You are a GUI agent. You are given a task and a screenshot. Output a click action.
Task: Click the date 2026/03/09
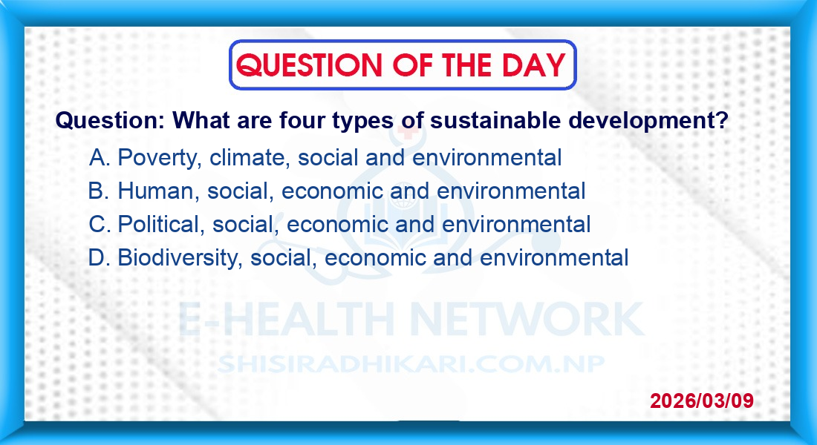click(702, 400)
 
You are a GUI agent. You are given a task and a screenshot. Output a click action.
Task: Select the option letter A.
click(99, 157)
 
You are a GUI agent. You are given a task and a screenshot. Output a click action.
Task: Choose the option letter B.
click(98, 191)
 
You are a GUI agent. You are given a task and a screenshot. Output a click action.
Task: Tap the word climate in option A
click(250, 158)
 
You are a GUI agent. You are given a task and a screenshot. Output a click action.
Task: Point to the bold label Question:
click(110, 120)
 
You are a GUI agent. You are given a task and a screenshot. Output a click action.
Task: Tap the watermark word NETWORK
click(527, 318)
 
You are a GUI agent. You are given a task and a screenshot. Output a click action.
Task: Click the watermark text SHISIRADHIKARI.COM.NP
click(411, 364)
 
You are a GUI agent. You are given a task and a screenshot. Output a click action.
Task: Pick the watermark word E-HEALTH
click(286, 318)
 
